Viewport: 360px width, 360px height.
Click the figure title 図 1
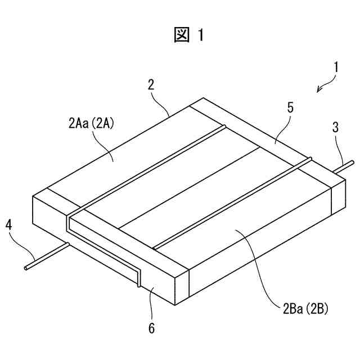tap(189, 35)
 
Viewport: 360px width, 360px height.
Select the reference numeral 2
tap(151, 84)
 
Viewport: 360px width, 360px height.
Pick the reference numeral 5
tap(290, 108)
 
